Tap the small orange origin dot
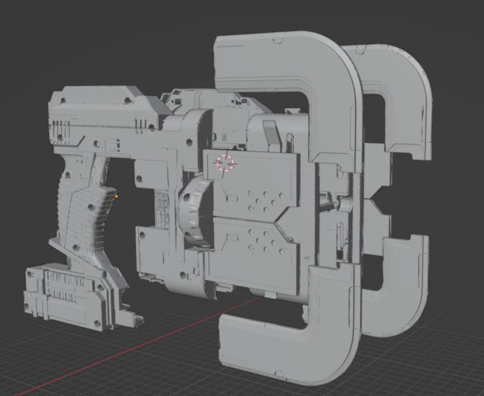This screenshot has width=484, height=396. (x=117, y=196)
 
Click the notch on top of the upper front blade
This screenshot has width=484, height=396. (x=278, y=41)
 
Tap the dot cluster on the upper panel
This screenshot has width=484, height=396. (x=264, y=201)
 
